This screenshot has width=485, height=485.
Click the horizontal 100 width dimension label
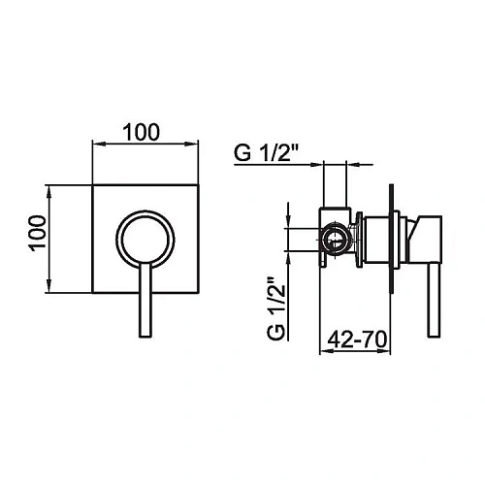[x=142, y=132]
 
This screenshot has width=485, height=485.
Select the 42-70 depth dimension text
[x=357, y=339]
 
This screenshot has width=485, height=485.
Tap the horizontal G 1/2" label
[x=266, y=153]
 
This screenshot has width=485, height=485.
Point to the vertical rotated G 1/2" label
[x=276, y=308]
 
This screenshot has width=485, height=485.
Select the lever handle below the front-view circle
[x=145, y=300]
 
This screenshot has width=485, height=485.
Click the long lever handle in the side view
[x=434, y=300]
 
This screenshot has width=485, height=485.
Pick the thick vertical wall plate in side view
[x=392, y=240]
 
